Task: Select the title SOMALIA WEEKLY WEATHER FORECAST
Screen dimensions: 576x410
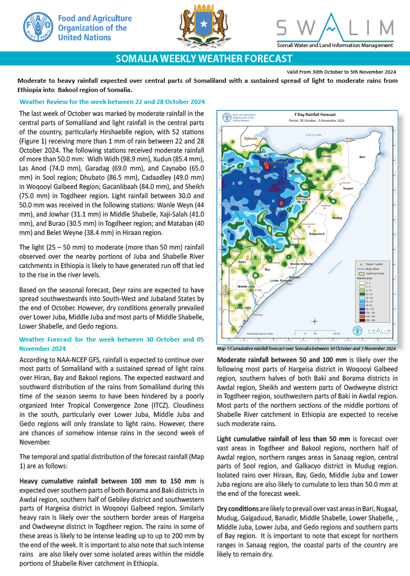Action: click(x=204, y=59)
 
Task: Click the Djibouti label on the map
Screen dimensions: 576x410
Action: click(x=250, y=139)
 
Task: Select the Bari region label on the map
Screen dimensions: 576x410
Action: click(x=362, y=157)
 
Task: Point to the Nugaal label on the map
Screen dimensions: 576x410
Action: click(x=348, y=188)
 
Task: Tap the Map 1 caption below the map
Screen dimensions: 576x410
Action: click(x=306, y=349)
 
